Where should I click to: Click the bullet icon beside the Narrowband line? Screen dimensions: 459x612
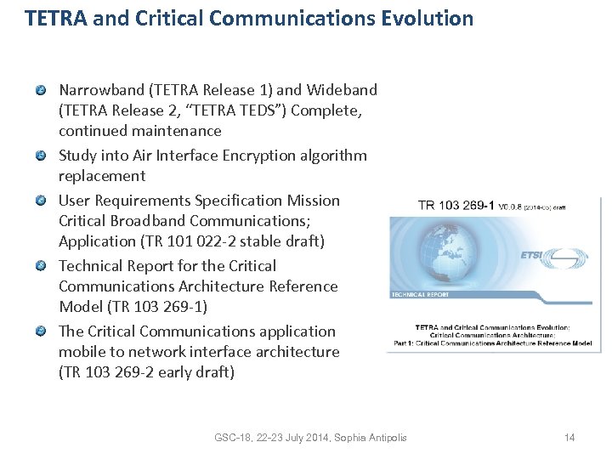click(41, 90)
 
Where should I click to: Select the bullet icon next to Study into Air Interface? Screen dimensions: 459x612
click(41, 156)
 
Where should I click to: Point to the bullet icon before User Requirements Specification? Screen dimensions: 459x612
click(41, 201)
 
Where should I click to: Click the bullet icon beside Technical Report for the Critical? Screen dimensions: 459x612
click(41, 266)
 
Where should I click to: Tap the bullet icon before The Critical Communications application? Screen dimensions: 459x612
click(41, 331)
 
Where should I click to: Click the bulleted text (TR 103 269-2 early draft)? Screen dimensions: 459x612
click(146, 372)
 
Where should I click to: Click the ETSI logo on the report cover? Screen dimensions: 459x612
click(561, 256)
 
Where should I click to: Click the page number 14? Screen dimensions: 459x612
click(569, 438)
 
